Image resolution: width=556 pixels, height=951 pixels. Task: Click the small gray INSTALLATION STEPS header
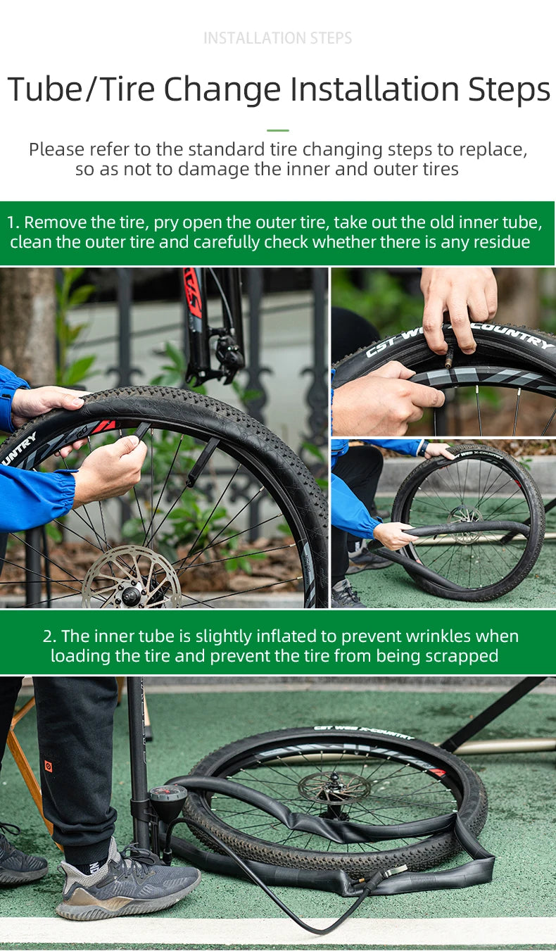pos(277,38)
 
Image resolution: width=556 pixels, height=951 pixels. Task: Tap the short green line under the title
pos(277,130)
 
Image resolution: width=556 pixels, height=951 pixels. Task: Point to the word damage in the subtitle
pos(216,169)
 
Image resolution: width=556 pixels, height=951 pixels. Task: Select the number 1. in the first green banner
pos(13,223)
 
